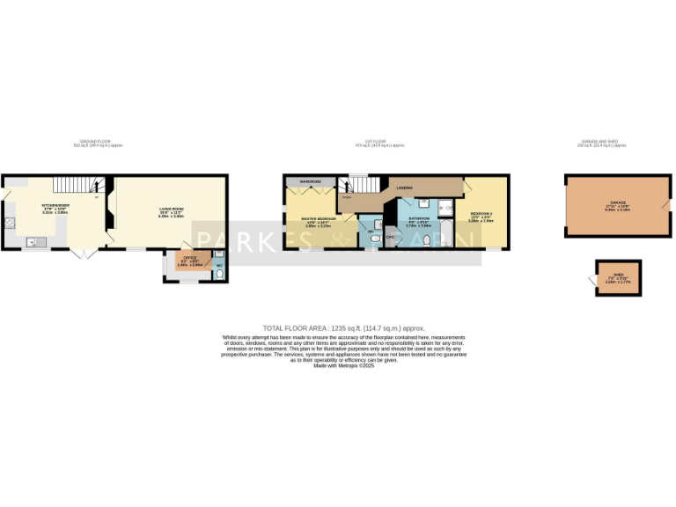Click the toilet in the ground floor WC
218,272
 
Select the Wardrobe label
309,181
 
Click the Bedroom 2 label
481,216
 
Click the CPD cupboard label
390,237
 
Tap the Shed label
619,276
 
